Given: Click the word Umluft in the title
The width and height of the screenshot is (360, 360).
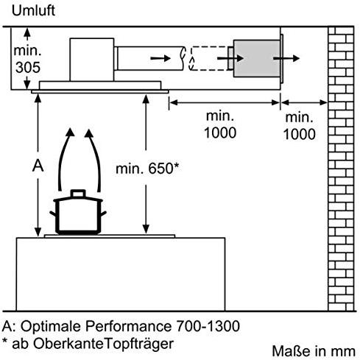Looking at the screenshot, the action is coord(33,11).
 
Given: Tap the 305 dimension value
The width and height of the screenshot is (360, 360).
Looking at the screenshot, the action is coord(28,67).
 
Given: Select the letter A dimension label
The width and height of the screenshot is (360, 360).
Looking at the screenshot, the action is coord(38,166).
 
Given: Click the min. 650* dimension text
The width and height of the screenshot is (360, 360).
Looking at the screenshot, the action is coord(147,169).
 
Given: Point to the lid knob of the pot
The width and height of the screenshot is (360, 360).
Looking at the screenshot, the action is coord(78,193).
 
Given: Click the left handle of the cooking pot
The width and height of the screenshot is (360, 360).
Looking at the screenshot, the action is coord(53,214).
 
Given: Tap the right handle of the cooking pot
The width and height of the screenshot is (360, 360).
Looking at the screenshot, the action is coord(104,214).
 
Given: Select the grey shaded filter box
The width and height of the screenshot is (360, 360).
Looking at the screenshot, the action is coord(257,58).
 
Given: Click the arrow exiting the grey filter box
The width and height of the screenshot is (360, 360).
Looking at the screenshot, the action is coord(286,58).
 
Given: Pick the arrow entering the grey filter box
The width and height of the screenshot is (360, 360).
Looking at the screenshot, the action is coord(230,58).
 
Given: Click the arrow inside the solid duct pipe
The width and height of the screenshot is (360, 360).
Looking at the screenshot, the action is coord(160,58).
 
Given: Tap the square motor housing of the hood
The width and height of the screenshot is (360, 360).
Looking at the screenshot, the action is coord(92,60).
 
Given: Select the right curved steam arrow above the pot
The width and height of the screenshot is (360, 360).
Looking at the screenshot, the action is coord(93,160).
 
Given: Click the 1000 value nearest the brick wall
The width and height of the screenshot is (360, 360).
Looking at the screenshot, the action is coord(300,134).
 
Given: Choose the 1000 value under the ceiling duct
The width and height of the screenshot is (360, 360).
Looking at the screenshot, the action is coord(220,133).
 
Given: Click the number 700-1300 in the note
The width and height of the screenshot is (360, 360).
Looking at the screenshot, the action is coord(208,326).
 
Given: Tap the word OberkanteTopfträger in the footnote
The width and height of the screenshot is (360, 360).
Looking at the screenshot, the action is coord(103,344).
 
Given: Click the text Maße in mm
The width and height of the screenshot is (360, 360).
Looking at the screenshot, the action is coord(314,351).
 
